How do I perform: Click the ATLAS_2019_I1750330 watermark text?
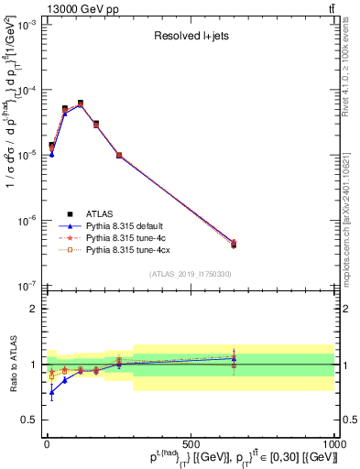[190, 274]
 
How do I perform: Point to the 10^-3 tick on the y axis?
[26, 26]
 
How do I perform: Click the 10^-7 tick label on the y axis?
[26, 285]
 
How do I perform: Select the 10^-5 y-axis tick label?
[26, 156]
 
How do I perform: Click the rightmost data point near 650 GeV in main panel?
[234, 245]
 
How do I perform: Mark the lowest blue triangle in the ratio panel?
[51, 391]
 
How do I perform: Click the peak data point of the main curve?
[81, 104]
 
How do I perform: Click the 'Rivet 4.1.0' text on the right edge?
[351, 73]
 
